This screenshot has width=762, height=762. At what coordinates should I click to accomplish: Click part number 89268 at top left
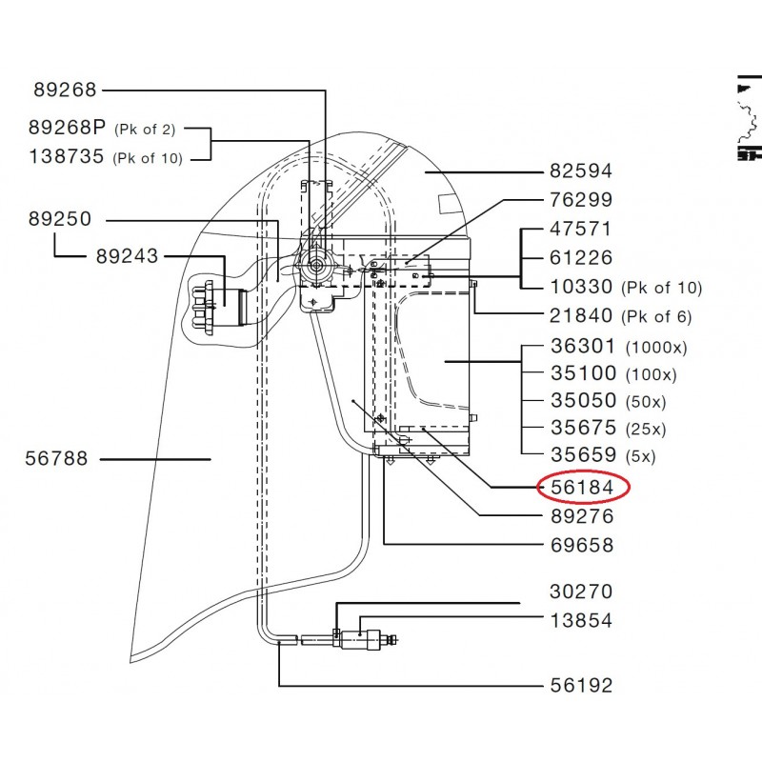[x=65, y=90]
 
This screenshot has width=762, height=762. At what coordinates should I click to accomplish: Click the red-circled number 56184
[x=582, y=488]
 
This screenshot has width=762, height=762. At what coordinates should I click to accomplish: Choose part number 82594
[x=581, y=171]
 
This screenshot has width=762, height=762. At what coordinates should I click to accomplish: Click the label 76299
[x=581, y=200]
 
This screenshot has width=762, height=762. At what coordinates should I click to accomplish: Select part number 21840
[x=581, y=315]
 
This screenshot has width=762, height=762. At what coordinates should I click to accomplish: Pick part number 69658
[x=581, y=546]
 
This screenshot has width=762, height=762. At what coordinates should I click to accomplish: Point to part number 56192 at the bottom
[x=581, y=686]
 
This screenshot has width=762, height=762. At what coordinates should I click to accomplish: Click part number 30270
[x=581, y=592]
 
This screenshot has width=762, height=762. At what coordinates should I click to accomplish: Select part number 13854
[x=581, y=620]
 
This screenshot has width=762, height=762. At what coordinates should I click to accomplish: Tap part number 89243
[x=127, y=256]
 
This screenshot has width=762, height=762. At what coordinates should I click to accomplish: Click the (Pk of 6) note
[x=657, y=316]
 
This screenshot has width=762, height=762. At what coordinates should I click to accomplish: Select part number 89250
[x=59, y=219]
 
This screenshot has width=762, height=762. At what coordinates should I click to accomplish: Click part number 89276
[x=581, y=516]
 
